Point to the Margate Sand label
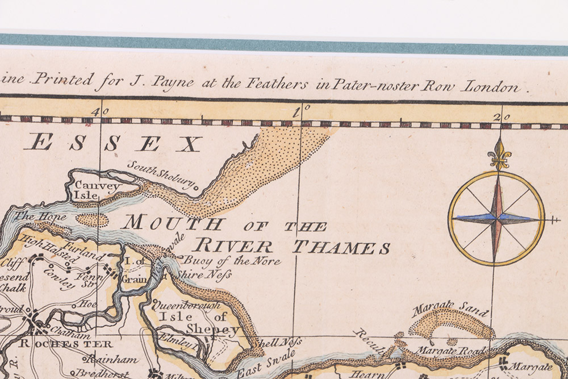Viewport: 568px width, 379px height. [x=450, y=310]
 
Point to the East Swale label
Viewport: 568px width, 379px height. [x=266, y=363]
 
